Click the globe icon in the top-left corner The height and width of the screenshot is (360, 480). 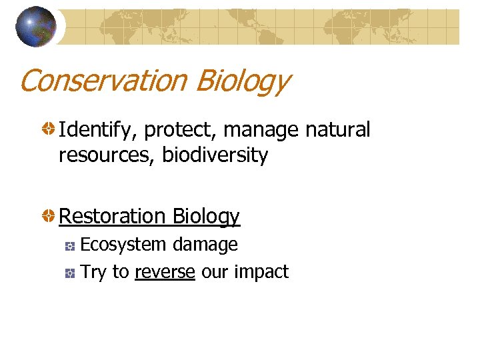36,27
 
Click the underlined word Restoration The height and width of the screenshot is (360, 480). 113,216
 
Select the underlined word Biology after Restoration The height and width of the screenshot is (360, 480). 206,217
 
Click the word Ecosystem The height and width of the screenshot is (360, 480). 123,245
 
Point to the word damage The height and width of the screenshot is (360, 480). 205,245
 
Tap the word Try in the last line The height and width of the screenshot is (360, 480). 93,273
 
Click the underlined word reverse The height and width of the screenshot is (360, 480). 165,272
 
